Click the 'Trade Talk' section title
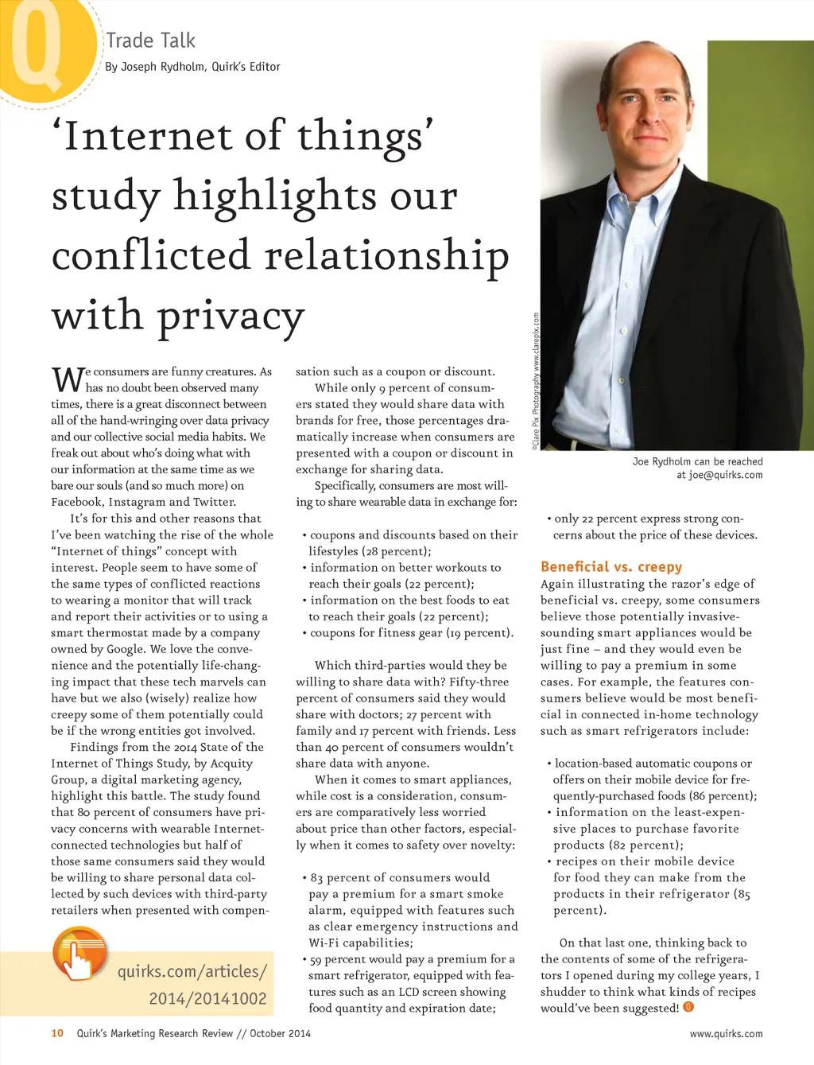pyautogui.click(x=150, y=41)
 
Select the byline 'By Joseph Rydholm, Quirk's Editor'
pyautogui.click(x=192, y=67)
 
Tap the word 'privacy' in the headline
pyautogui.click(x=231, y=316)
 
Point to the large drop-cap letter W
pyautogui.click(x=68, y=379)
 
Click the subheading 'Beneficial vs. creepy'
pyautogui.click(x=610, y=566)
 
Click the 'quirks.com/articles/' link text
pyautogui.click(x=192, y=971)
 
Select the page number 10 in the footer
pyautogui.click(x=57, y=1033)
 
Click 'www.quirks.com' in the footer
pyautogui.click(x=726, y=1034)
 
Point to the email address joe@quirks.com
pyautogui.click(x=725, y=475)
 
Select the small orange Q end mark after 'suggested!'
pyautogui.click(x=688, y=1007)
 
